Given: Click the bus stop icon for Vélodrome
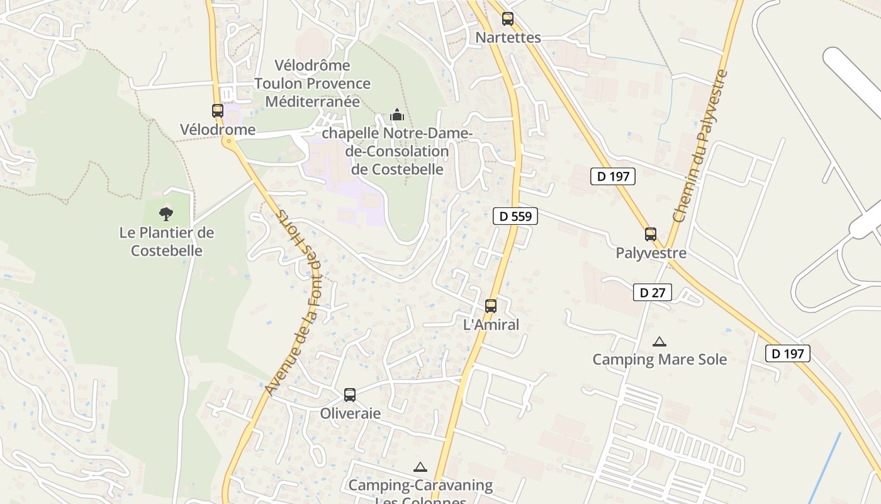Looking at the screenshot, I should tap(218, 111).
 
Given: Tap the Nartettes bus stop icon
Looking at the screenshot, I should tap(508, 19).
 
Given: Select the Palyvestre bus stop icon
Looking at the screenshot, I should tap(651, 234).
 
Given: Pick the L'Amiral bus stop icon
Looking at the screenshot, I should tap(491, 306).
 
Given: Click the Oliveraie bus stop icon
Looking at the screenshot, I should tap(350, 395).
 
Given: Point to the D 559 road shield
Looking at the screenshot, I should tap(515, 216).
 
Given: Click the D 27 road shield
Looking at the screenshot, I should tap(653, 292).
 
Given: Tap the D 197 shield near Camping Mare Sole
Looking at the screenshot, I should tap(788, 353).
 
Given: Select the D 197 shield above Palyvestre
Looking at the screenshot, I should tap(613, 176).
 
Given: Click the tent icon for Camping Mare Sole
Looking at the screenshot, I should tap(659, 342).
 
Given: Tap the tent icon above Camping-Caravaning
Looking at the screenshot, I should tap(420, 467).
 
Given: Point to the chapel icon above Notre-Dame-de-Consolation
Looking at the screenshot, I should tap(397, 115).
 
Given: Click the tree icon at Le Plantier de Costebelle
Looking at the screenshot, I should tap(166, 214).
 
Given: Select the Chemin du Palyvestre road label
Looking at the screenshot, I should tap(700, 146).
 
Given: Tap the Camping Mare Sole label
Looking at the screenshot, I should tap(659, 360).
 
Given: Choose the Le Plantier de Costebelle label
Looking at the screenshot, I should tap(167, 242).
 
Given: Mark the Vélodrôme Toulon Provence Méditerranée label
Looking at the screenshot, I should tap(313, 83).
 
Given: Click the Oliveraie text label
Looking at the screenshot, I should tap(351, 413).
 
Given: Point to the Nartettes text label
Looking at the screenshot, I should tap(508, 37).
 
